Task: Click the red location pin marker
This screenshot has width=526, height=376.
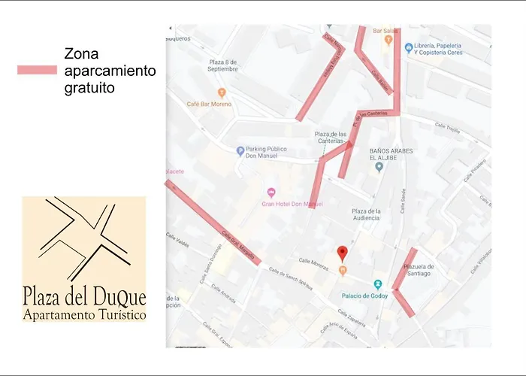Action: [342, 253]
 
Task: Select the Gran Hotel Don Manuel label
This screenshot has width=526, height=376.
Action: [292, 204]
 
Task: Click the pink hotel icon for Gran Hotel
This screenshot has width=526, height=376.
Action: [271, 192]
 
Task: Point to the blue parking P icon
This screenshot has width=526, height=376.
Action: [240, 150]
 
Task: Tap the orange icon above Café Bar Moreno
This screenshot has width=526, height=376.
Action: [221, 92]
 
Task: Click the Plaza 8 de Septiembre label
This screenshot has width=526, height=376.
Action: [223, 65]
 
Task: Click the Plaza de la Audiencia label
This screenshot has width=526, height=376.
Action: [366, 214]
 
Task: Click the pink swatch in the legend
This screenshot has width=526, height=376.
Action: [37, 70]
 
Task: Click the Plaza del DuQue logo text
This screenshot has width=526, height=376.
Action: [84, 296]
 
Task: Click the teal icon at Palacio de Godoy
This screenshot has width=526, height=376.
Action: [378, 284]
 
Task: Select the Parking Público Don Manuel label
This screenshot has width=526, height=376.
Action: [266, 153]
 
